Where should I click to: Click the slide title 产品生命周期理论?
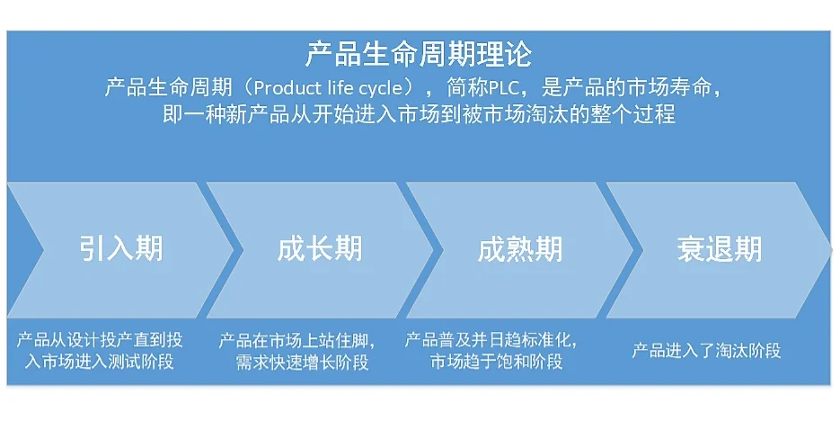[x=419, y=54]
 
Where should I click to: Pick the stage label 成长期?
[x=320, y=248]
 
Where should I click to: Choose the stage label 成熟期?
[x=520, y=248]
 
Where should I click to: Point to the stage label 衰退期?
[x=719, y=248]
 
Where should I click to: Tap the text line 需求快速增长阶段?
[x=302, y=363]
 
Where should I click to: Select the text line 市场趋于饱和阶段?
[x=496, y=363]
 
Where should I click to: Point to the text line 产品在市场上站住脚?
[x=296, y=341]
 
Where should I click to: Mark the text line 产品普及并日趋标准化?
[x=491, y=341]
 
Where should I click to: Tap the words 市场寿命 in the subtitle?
[x=681, y=89]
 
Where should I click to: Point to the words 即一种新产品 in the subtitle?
[x=211, y=115]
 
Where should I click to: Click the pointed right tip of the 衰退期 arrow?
[x=829, y=249]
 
